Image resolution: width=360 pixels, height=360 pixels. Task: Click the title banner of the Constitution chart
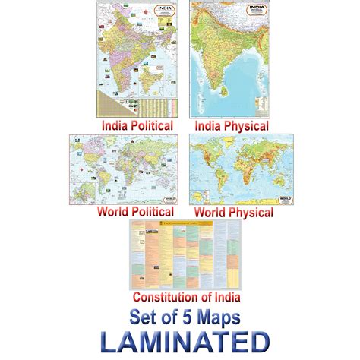(179, 225)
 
